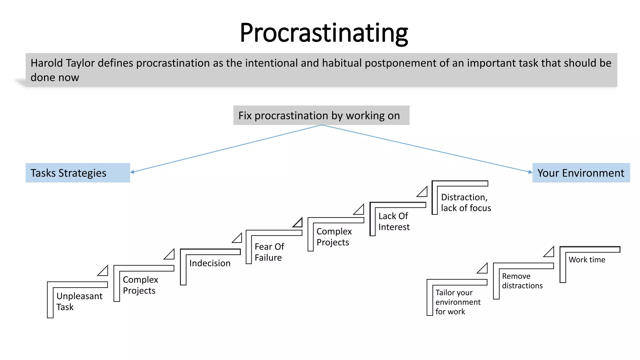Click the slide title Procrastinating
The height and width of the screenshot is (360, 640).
pos(324,33)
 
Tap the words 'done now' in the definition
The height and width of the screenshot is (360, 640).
pos(55,77)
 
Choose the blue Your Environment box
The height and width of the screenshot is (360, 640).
pos(581,173)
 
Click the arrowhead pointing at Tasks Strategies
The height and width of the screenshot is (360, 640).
pos(132,172)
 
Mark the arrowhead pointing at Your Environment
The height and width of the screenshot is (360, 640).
pos(530,172)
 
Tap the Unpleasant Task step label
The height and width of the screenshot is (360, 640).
pos(79,301)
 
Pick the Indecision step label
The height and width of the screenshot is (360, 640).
pos(210,263)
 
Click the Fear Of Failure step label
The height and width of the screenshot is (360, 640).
pos(269,252)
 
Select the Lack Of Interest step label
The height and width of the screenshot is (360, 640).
pos(394,221)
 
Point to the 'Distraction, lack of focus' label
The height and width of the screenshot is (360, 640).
pos(466,202)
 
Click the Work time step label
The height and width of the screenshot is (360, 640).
pos(587,260)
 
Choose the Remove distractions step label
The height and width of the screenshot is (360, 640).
pos(522,281)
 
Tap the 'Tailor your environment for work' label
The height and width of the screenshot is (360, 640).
pos(458,302)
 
